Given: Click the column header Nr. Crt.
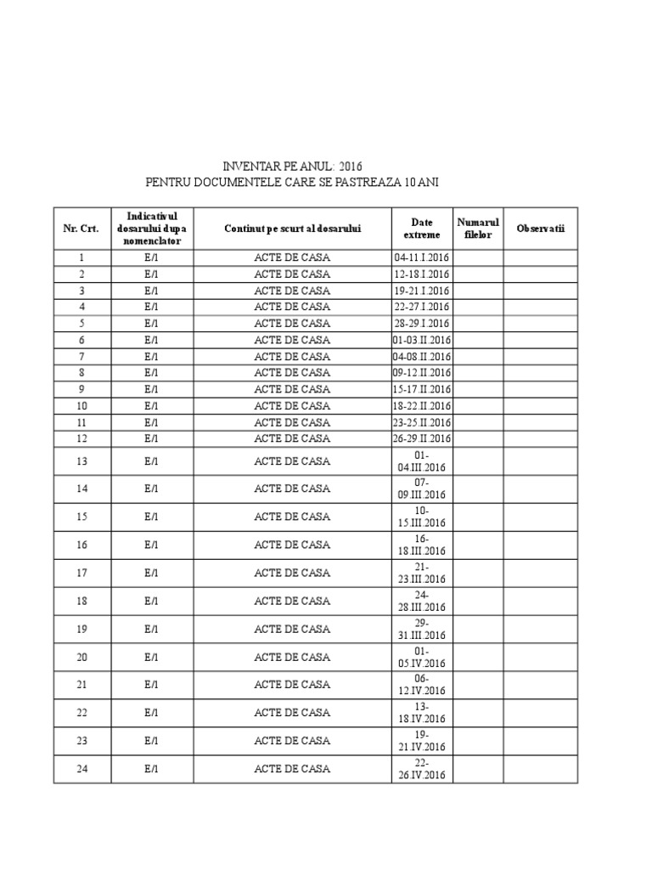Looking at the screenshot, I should pyautogui.click(x=81, y=229).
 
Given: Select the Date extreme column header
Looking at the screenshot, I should pyautogui.click(x=422, y=229).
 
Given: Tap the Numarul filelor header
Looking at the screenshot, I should pyautogui.click(x=479, y=229).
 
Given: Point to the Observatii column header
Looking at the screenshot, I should pyautogui.click(x=541, y=229).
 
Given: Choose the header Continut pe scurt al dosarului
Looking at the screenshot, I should pyautogui.click(x=292, y=229).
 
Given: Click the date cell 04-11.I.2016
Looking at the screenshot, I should pyautogui.click(x=422, y=257).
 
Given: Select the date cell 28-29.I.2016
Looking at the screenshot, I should pyautogui.click(x=422, y=323).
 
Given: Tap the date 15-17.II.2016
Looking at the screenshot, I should pyautogui.click(x=422, y=389).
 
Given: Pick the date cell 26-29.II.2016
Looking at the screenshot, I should pyautogui.click(x=422, y=438).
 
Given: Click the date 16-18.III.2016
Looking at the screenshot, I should pyautogui.click(x=422, y=545).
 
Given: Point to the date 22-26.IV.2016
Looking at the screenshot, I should pyautogui.click(x=422, y=769).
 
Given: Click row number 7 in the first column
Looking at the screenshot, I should pyautogui.click(x=81, y=356).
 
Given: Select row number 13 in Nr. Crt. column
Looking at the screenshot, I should pyautogui.click(x=81, y=460).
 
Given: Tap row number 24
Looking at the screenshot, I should pyautogui.click(x=81, y=769).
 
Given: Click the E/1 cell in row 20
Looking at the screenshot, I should pyautogui.click(x=151, y=657).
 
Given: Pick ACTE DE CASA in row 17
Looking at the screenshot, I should pyautogui.click(x=292, y=573).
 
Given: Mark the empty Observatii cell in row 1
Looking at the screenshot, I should pyautogui.click(x=541, y=257).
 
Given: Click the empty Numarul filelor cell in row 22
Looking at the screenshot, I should pyautogui.click(x=479, y=713).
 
